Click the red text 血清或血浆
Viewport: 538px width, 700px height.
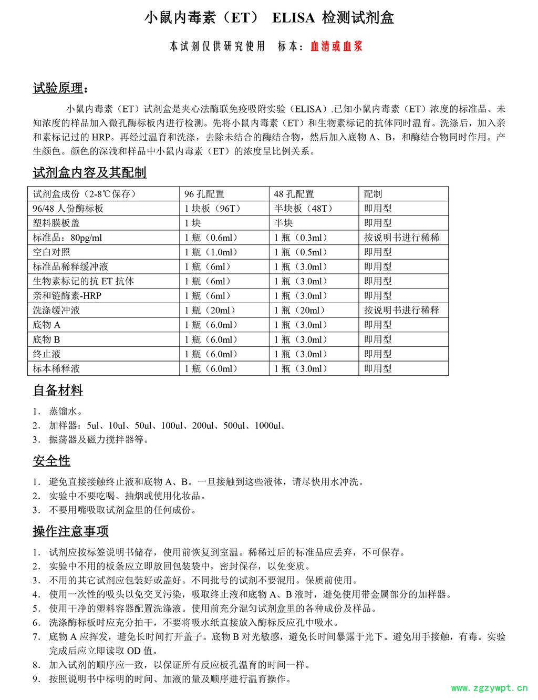(x=336, y=46)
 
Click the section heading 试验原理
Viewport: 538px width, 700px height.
(x=58, y=88)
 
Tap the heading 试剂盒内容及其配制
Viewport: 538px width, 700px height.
(x=89, y=172)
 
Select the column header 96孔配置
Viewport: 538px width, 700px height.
(x=204, y=194)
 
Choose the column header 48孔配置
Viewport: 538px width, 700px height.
(x=294, y=194)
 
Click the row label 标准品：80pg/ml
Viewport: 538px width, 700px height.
(x=67, y=238)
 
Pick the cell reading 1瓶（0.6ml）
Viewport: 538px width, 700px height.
(x=211, y=238)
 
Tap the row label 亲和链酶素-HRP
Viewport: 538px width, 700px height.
(x=67, y=296)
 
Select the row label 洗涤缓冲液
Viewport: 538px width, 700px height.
(x=56, y=310)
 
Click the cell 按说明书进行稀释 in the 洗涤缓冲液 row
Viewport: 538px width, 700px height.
(x=401, y=310)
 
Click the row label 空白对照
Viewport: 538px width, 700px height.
(x=51, y=252)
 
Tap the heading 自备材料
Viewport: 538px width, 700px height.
(x=58, y=390)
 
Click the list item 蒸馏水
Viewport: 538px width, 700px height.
(x=65, y=411)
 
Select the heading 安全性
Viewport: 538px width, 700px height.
(x=51, y=461)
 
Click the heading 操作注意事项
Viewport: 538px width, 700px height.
(x=70, y=531)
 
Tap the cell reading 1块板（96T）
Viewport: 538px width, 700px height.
(x=213, y=209)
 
